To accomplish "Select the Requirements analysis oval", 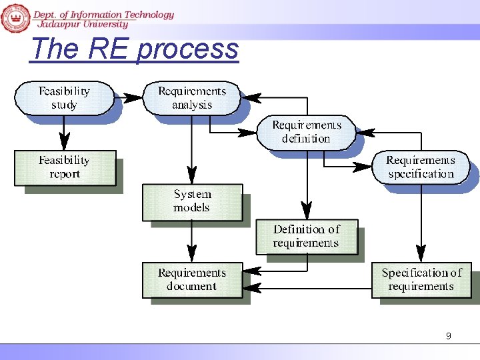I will tap(192, 98).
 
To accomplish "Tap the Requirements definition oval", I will tap(306, 132).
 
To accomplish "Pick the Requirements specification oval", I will tap(420, 167).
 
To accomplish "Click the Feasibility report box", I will tap(64, 167).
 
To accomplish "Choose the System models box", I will tap(192, 201).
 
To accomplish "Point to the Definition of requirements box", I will tap(306, 237).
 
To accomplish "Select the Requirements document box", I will tap(192, 280).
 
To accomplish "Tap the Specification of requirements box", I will tap(421, 280).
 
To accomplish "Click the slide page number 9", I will tap(448, 336).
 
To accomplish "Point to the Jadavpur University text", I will tap(83, 24).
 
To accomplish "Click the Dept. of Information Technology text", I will tap(103, 14).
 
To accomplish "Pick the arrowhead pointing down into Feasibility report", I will tap(64, 141).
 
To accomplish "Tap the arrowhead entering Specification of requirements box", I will tap(421, 253).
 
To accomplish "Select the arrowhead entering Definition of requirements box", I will tap(307, 211).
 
